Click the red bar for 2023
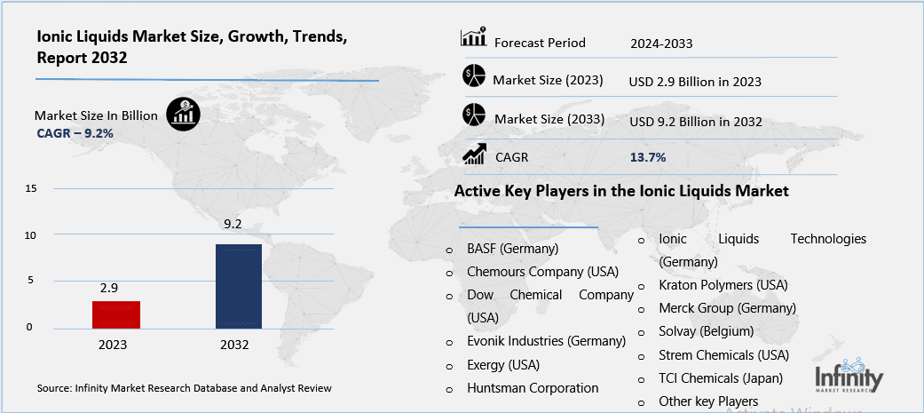(115, 314)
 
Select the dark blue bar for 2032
(239, 285)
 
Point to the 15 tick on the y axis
(31, 189)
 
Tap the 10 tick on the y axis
(31, 235)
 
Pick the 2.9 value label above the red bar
(109, 289)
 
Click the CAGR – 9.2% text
(75, 133)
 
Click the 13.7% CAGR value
(648, 157)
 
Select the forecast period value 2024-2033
(661, 43)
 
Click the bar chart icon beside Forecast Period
(472, 38)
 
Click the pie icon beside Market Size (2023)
(474, 77)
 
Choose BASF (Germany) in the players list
(512, 249)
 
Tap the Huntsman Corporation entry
(533, 388)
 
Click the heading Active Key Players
(621, 191)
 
